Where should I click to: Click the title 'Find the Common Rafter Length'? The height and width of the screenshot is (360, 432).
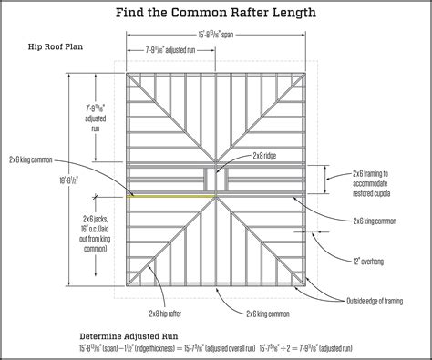coord(216,14)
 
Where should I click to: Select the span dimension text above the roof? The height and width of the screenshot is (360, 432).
coord(215,33)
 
